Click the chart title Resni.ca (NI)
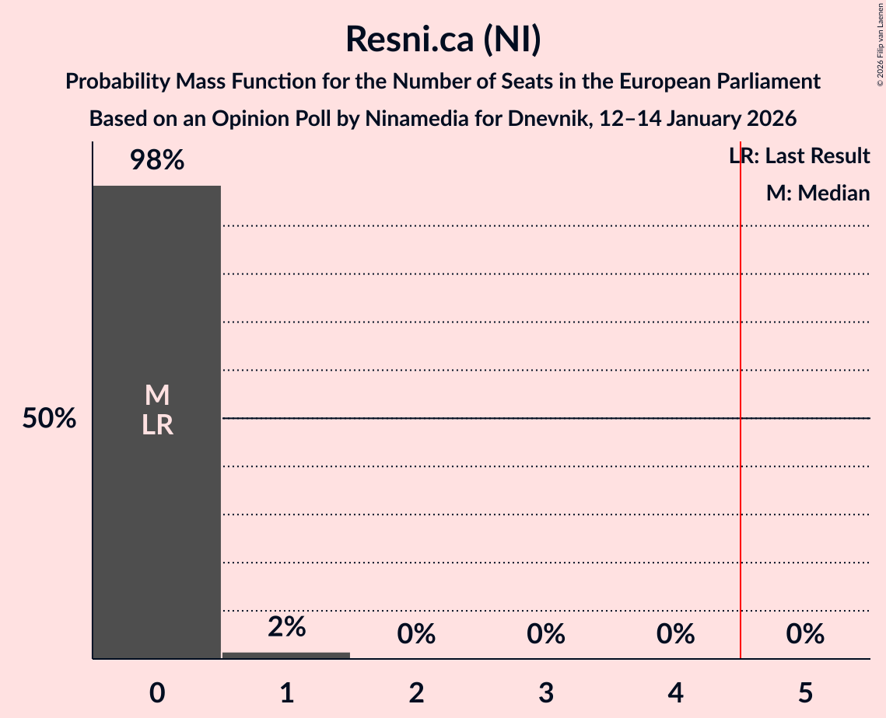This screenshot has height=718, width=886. click(x=443, y=39)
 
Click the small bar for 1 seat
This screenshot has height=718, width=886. click(x=286, y=655)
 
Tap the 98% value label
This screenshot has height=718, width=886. click(x=156, y=161)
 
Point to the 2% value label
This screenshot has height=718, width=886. click(x=286, y=626)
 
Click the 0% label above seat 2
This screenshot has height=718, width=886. click(x=416, y=634)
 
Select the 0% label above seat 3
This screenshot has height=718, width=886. click(x=545, y=634)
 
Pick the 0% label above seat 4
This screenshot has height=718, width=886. click(x=675, y=634)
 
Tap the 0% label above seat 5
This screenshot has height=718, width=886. click(x=804, y=634)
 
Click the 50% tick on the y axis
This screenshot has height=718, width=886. click(x=49, y=419)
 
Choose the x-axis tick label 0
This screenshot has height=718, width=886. click(x=156, y=692)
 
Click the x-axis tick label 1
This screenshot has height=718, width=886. click(x=286, y=692)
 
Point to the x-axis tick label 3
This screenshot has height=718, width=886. click(x=545, y=692)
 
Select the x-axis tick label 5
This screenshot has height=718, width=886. click(x=804, y=692)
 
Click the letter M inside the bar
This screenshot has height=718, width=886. click(x=156, y=396)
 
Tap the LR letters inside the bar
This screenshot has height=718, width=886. click(x=156, y=425)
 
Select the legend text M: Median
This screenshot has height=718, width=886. click(x=818, y=193)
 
